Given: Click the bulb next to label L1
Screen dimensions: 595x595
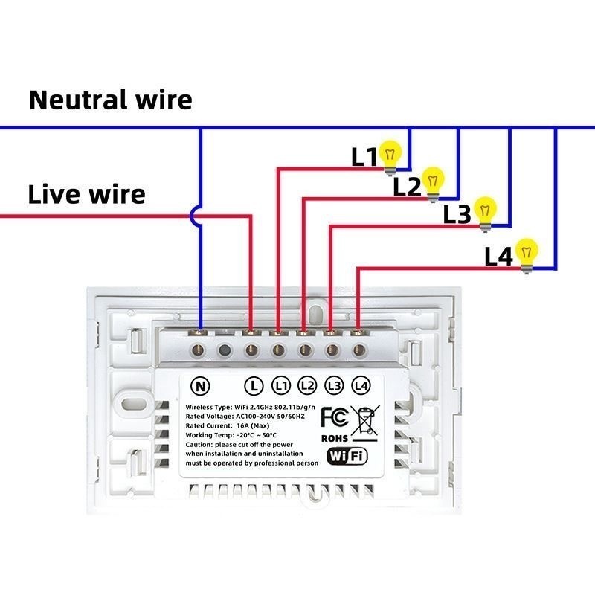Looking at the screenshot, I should pyautogui.click(x=390, y=155).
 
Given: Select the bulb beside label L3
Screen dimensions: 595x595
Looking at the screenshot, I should pyautogui.click(x=486, y=210).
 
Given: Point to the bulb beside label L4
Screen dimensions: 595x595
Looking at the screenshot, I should pyautogui.click(x=527, y=253).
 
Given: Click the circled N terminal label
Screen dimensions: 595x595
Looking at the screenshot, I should pyautogui.click(x=200, y=386).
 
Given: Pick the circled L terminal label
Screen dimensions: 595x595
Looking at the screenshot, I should pyautogui.click(x=254, y=386).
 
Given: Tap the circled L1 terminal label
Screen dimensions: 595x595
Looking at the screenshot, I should pyautogui.click(x=280, y=386).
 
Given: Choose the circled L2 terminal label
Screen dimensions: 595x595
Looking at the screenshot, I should pyautogui.click(x=307, y=386).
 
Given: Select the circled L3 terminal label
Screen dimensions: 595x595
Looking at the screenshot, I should pyautogui.click(x=334, y=386).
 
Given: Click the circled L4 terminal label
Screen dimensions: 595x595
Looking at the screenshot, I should pyautogui.click(x=361, y=386).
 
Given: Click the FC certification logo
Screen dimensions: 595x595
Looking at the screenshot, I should pyautogui.click(x=334, y=416).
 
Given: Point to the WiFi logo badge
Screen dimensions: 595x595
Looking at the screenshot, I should pyautogui.click(x=347, y=456).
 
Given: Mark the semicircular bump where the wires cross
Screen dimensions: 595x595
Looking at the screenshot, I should pyautogui.click(x=196, y=216).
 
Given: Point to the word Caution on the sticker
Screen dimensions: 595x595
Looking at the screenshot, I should pyautogui.click(x=200, y=444).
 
